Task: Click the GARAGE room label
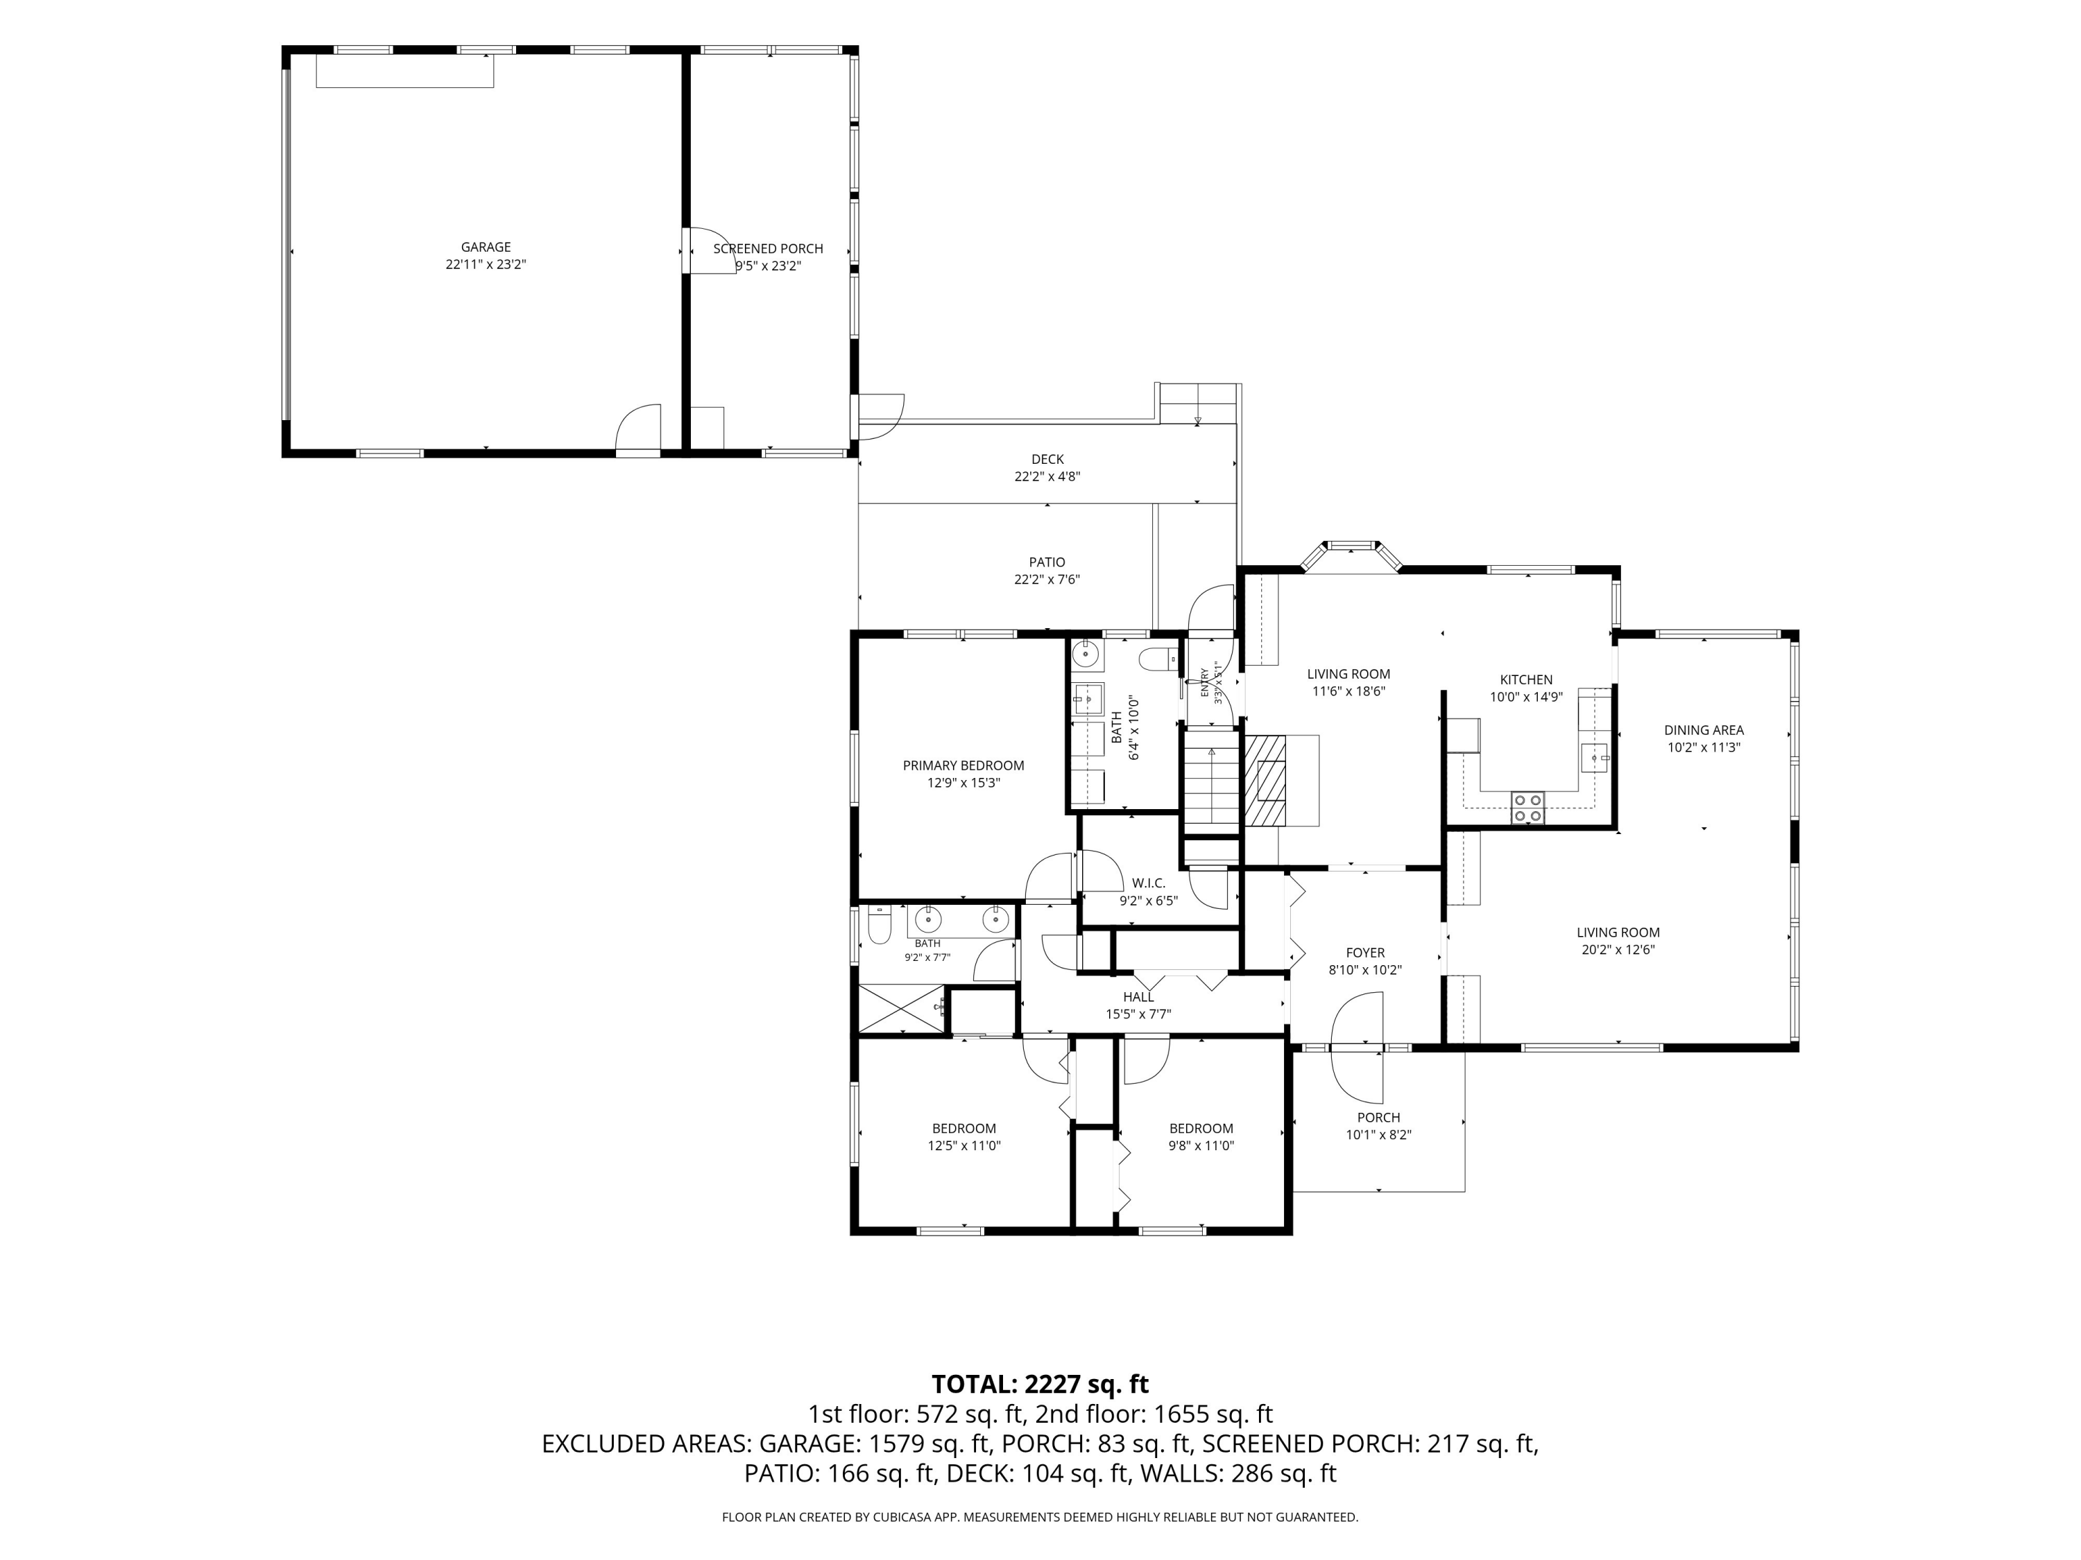486,248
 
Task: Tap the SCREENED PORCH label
768,248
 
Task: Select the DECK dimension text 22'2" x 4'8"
1047,477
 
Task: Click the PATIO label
1047,562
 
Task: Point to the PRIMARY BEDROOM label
964,765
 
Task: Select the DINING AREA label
1704,729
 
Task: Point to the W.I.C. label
1149,883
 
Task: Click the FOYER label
1365,953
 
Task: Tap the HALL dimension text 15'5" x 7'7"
1138,1014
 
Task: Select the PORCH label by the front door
1378,1117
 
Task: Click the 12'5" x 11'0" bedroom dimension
964,1145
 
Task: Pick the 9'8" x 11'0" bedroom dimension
1201,1145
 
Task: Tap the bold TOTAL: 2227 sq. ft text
1040,1384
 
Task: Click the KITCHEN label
1526,680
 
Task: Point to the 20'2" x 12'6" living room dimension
1618,950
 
